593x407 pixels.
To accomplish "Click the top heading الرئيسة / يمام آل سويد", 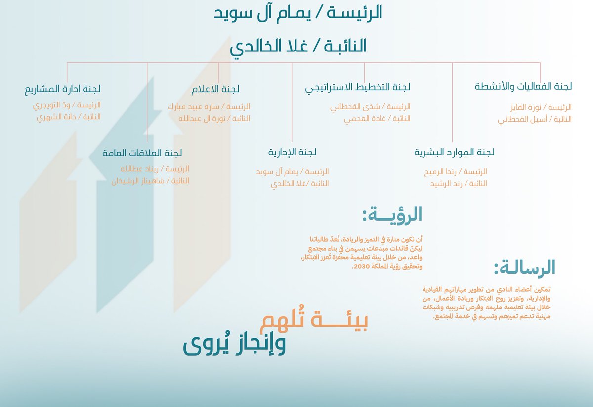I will coord(298,13).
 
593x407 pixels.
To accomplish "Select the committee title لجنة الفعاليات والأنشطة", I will coord(523,87).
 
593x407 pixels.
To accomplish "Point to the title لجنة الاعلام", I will coord(215,89).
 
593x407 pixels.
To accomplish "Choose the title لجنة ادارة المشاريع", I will coord(63,89).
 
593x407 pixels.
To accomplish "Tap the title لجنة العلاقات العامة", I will coord(142,153).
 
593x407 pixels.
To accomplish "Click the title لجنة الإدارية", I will coord(292,152).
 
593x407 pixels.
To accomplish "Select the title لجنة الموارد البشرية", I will coord(454,153).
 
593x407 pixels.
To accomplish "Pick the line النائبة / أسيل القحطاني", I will coord(535,119).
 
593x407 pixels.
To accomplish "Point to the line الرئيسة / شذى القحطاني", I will coord(370,107).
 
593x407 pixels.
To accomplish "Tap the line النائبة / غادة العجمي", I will coord(378,119).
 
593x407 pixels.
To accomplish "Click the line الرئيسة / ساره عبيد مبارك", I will coord(209,107).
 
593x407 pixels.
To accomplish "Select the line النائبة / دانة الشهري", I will coord(69,117).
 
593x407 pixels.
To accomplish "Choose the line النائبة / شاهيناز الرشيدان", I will coord(150,181).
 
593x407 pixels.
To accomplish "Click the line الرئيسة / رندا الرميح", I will coord(456,172).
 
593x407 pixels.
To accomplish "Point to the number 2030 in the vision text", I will coord(360,267).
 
